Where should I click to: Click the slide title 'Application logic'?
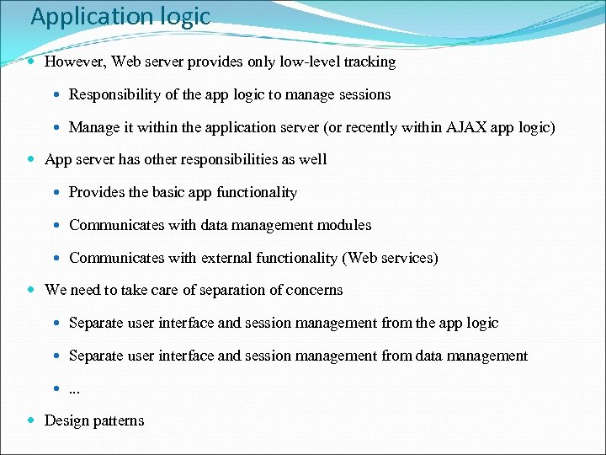[120, 17]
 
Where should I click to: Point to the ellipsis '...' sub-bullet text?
[75, 388]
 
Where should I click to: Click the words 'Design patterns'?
[94, 420]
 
